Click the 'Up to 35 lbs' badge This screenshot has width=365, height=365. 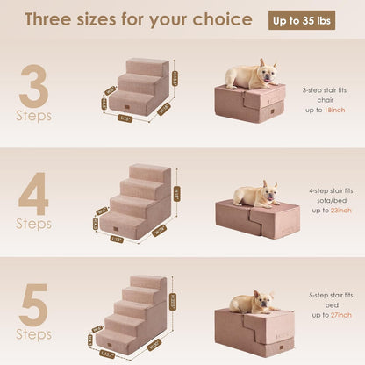coord(301,20)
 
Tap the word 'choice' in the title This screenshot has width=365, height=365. coord(226,20)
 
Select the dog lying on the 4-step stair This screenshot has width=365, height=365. coord(255,194)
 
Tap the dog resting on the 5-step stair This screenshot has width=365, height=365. coord(254,302)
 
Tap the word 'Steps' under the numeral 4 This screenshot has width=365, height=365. coord(33,224)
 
